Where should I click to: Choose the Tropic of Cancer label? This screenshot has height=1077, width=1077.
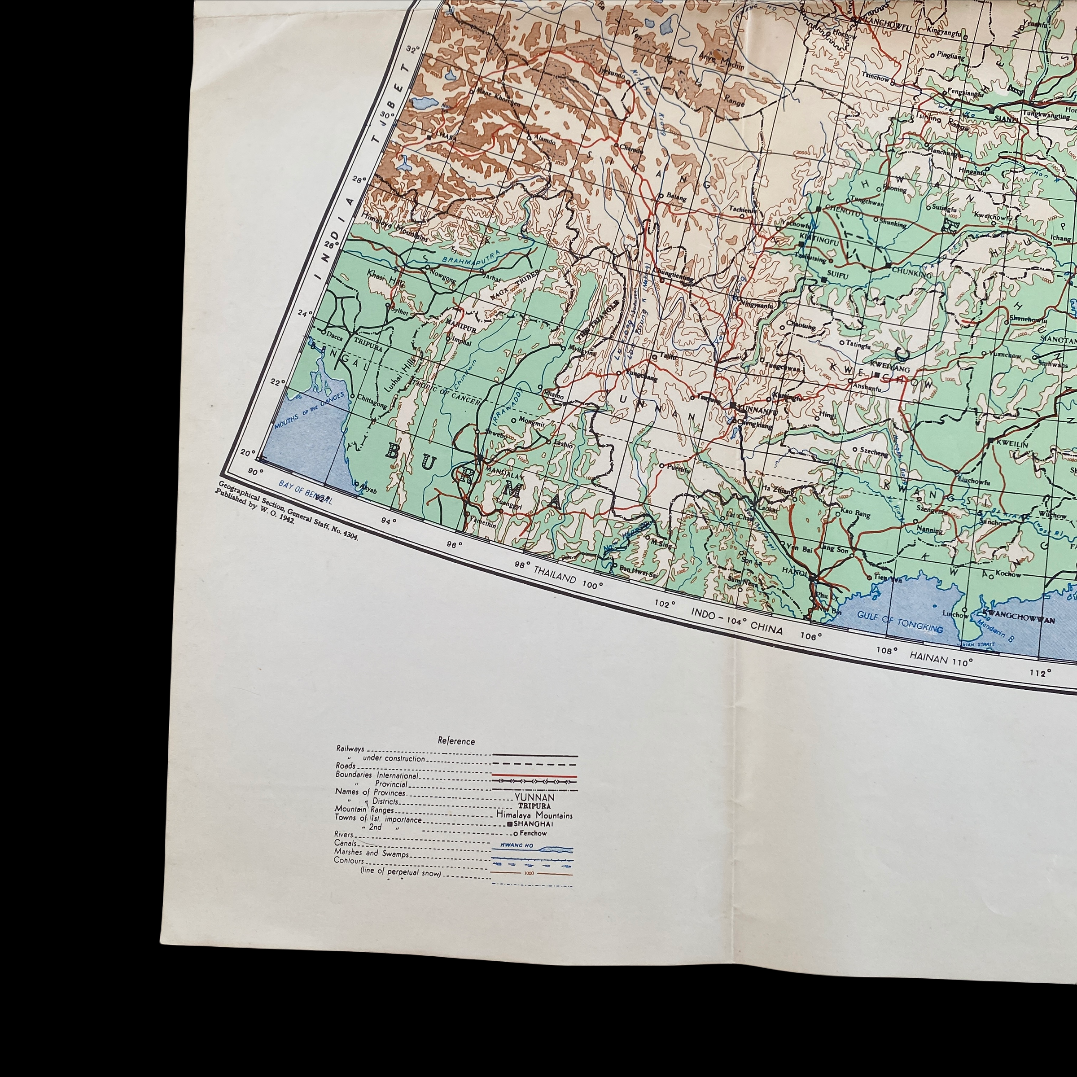coord(444,390)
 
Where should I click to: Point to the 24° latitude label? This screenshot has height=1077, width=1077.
coord(304,313)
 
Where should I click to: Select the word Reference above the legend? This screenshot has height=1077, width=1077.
coord(456,741)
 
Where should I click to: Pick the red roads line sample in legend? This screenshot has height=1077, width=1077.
coord(534,775)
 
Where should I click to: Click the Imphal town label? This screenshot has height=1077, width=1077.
coord(461,343)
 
